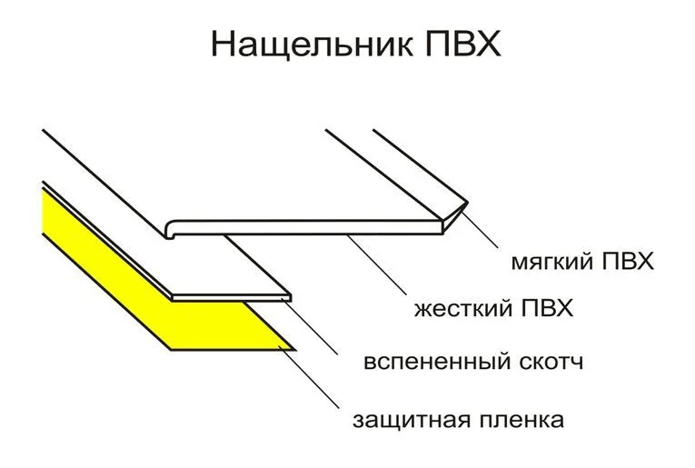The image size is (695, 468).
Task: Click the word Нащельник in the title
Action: [312, 45]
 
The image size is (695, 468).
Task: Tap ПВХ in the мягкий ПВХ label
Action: [628, 261]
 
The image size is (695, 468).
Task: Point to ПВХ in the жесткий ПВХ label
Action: [548, 307]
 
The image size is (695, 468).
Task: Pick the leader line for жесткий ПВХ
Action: [377, 265]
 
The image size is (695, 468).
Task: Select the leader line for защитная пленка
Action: [310, 377]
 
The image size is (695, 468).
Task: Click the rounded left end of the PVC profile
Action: [169, 229]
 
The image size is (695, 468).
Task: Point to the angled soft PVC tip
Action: [455, 216]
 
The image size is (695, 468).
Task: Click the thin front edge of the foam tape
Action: [232, 297]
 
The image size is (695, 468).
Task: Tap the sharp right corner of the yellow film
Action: [294, 349]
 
